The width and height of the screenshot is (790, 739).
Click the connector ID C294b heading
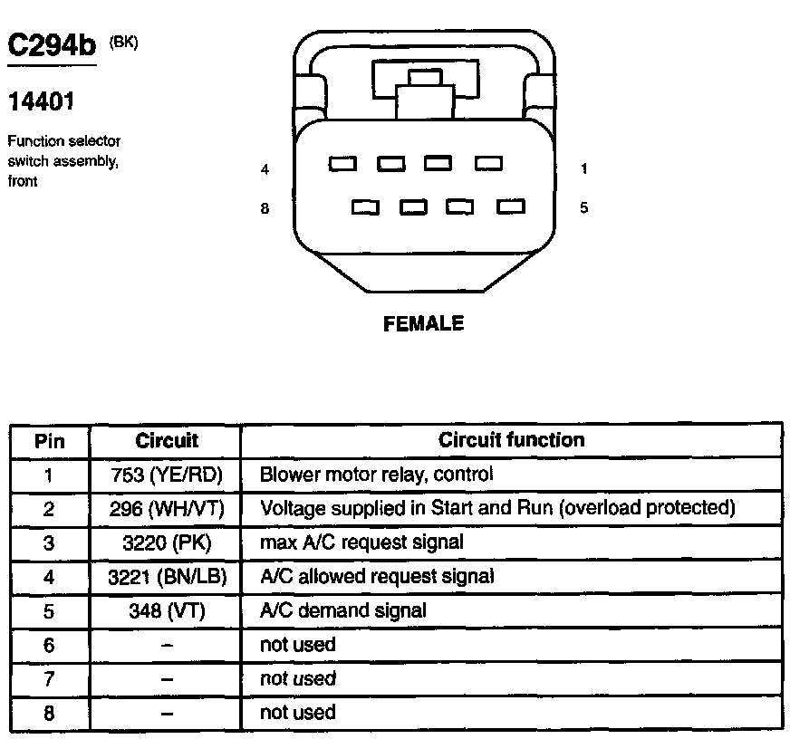coord(52,46)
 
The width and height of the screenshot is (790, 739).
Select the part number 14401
coord(41,102)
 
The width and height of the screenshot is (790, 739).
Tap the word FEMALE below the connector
coord(423,323)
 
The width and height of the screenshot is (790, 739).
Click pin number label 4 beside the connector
coord(265,169)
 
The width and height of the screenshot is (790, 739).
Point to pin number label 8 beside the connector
coord(265,208)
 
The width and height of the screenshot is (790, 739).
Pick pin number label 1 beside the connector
coord(584,168)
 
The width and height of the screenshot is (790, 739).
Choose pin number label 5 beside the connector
coord(584,207)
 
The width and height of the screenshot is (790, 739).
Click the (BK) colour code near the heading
coord(123,42)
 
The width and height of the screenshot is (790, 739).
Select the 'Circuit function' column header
coord(511,440)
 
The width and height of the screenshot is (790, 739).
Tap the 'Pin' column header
coord(49,441)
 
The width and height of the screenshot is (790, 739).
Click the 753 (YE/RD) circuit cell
coord(166,475)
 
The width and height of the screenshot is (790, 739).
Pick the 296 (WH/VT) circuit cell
coord(166,509)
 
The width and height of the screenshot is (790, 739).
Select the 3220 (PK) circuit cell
coord(166,542)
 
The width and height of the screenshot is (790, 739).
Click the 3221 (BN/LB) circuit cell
coord(166,577)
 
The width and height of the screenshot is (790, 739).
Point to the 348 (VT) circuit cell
coord(166,610)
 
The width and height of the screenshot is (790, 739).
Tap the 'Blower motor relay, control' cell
coord(376,475)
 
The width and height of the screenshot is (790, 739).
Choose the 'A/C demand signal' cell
coord(342,610)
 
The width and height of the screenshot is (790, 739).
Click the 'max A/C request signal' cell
coord(361,542)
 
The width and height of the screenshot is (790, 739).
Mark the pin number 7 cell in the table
coord(49,678)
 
